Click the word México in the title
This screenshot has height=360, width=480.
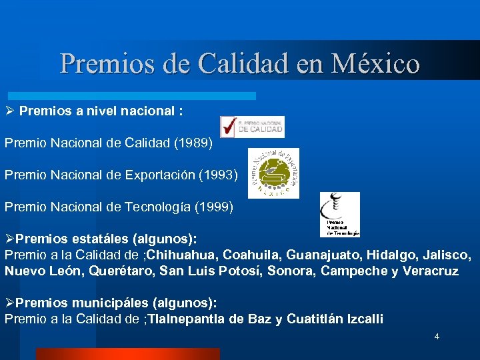pyautogui.click(x=379, y=63)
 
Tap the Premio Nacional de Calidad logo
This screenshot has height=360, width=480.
pyautogui.click(x=253, y=127)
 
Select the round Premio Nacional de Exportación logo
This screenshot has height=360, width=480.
pyautogui.click(x=273, y=173)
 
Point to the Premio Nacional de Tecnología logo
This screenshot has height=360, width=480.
pyautogui.click(x=339, y=214)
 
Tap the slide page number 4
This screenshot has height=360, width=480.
pyautogui.click(x=437, y=336)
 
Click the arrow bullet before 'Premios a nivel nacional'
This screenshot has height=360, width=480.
pyautogui.click(x=9, y=110)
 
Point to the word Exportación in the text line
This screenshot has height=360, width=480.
pyautogui.click(x=158, y=175)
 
